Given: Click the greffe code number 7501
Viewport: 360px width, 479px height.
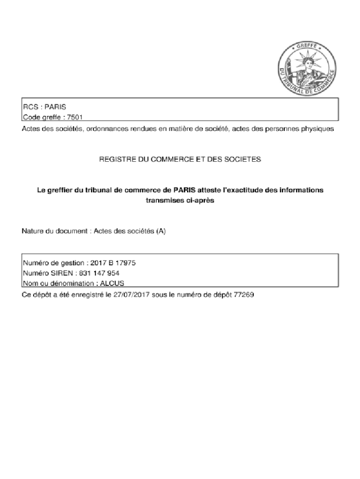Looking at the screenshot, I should pos(75,117).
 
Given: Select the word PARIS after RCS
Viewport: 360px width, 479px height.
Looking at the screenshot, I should pos(56,107).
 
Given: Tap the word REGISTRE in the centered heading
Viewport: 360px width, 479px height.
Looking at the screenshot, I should pos(116,160).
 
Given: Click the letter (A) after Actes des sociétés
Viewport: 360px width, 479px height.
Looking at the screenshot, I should pos(162,232).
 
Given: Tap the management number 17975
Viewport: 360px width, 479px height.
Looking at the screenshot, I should pos(126,263).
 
